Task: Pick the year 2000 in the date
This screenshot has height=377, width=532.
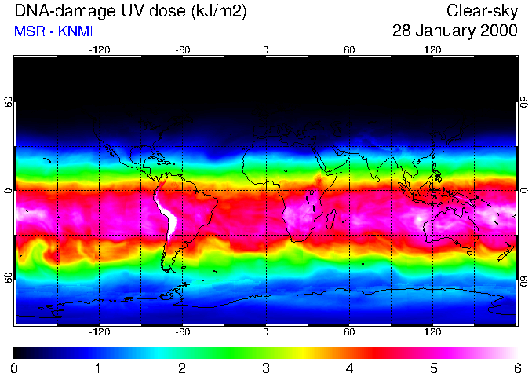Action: [x=500, y=31]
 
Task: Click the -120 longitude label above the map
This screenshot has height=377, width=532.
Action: [x=99, y=49]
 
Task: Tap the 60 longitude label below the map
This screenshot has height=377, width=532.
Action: [x=349, y=333]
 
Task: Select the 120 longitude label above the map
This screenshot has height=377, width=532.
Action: [x=432, y=49]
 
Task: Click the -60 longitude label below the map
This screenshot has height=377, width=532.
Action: [x=182, y=333]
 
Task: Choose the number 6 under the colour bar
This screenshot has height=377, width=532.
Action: [x=517, y=368]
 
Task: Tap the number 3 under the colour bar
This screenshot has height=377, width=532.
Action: [x=265, y=368]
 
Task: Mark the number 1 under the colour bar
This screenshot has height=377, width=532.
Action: [x=97, y=368]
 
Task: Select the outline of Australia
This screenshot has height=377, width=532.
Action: [x=448, y=228]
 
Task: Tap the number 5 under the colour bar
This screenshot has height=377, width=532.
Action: [x=433, y=368]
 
